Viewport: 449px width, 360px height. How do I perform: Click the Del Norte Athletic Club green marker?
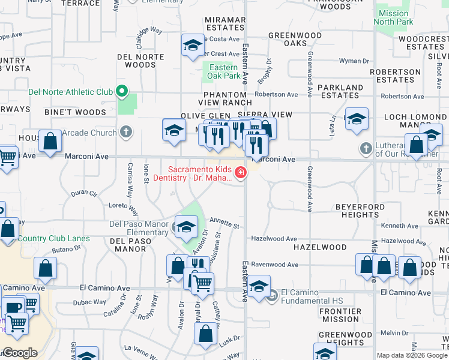[122, 92]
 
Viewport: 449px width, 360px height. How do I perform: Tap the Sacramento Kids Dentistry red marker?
[241, 173]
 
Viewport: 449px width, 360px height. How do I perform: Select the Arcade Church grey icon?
[125, 131]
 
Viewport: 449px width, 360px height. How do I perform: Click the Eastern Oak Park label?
[223, 71]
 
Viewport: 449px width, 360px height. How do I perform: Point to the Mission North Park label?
[393, 18]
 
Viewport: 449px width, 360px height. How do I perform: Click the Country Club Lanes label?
[53, 239]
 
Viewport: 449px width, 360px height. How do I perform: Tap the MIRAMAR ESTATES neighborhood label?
[225, 23]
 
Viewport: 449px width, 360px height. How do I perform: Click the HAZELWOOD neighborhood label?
[320, 247]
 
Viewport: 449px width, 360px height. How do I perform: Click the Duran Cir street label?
[83, 193]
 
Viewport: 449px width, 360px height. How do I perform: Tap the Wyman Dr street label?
[354, 61]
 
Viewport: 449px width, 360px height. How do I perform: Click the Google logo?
[20, 353]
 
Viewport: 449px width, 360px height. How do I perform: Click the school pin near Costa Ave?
[193, 45]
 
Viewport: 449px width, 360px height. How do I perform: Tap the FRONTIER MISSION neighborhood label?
[340, 316]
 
